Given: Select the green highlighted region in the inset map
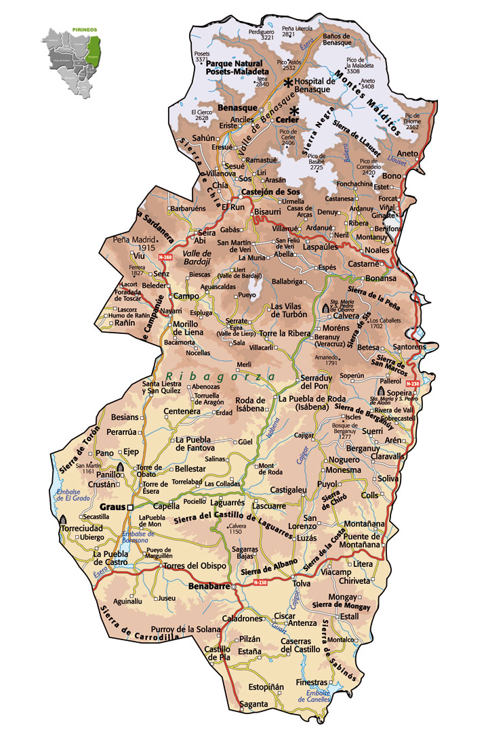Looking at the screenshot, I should pos(96,51).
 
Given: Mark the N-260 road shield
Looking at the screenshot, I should pos(165,257).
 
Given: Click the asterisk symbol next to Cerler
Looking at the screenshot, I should pos(295,112).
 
